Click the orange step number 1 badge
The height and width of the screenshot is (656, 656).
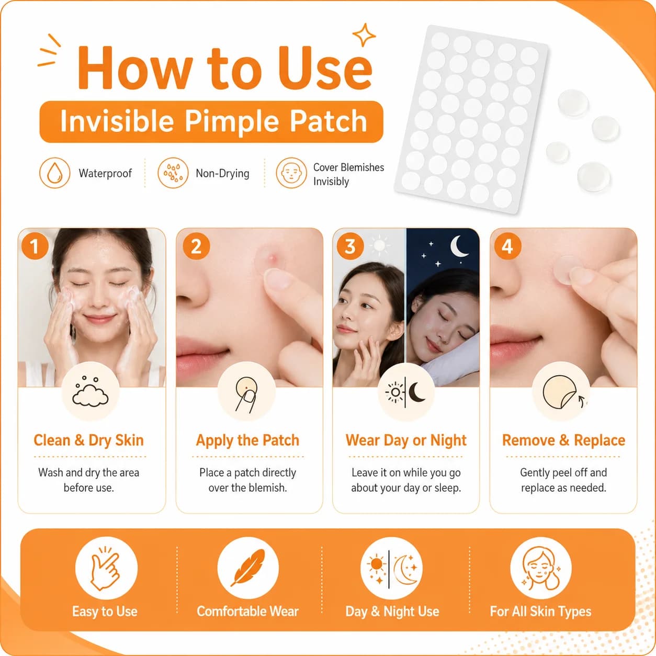click(x=35, y=246)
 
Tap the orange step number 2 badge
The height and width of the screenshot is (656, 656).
click(x=196, y=246)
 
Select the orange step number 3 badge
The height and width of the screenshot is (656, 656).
click(x=350, y=246)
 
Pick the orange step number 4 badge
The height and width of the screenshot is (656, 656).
click(x=507, y=246)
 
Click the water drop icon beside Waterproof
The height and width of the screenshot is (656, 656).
click(x=54, y=173)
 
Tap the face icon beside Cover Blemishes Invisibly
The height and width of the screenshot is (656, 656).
click(x=291, y=173)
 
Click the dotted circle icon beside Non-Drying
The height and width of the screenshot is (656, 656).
click(x=173, y=173)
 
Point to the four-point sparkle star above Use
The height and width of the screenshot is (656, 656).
click(x=364, y=35)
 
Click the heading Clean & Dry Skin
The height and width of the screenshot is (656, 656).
click(x=88, y=440)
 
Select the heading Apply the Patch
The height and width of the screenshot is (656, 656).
click(x=247, y=440)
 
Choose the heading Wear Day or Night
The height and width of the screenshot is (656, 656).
click(x=406, y=440)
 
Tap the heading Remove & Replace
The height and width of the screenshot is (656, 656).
click(x=563, y=440)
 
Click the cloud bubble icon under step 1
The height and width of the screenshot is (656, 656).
click(x=90, y=392)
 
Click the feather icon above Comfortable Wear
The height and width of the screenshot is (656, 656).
click(x=248, y=568)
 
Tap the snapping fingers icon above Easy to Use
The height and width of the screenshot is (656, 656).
click(x=105, y=568)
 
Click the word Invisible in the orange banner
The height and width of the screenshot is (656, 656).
click(x=117, y=121)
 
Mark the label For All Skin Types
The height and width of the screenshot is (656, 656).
click(x=540, y=612)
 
